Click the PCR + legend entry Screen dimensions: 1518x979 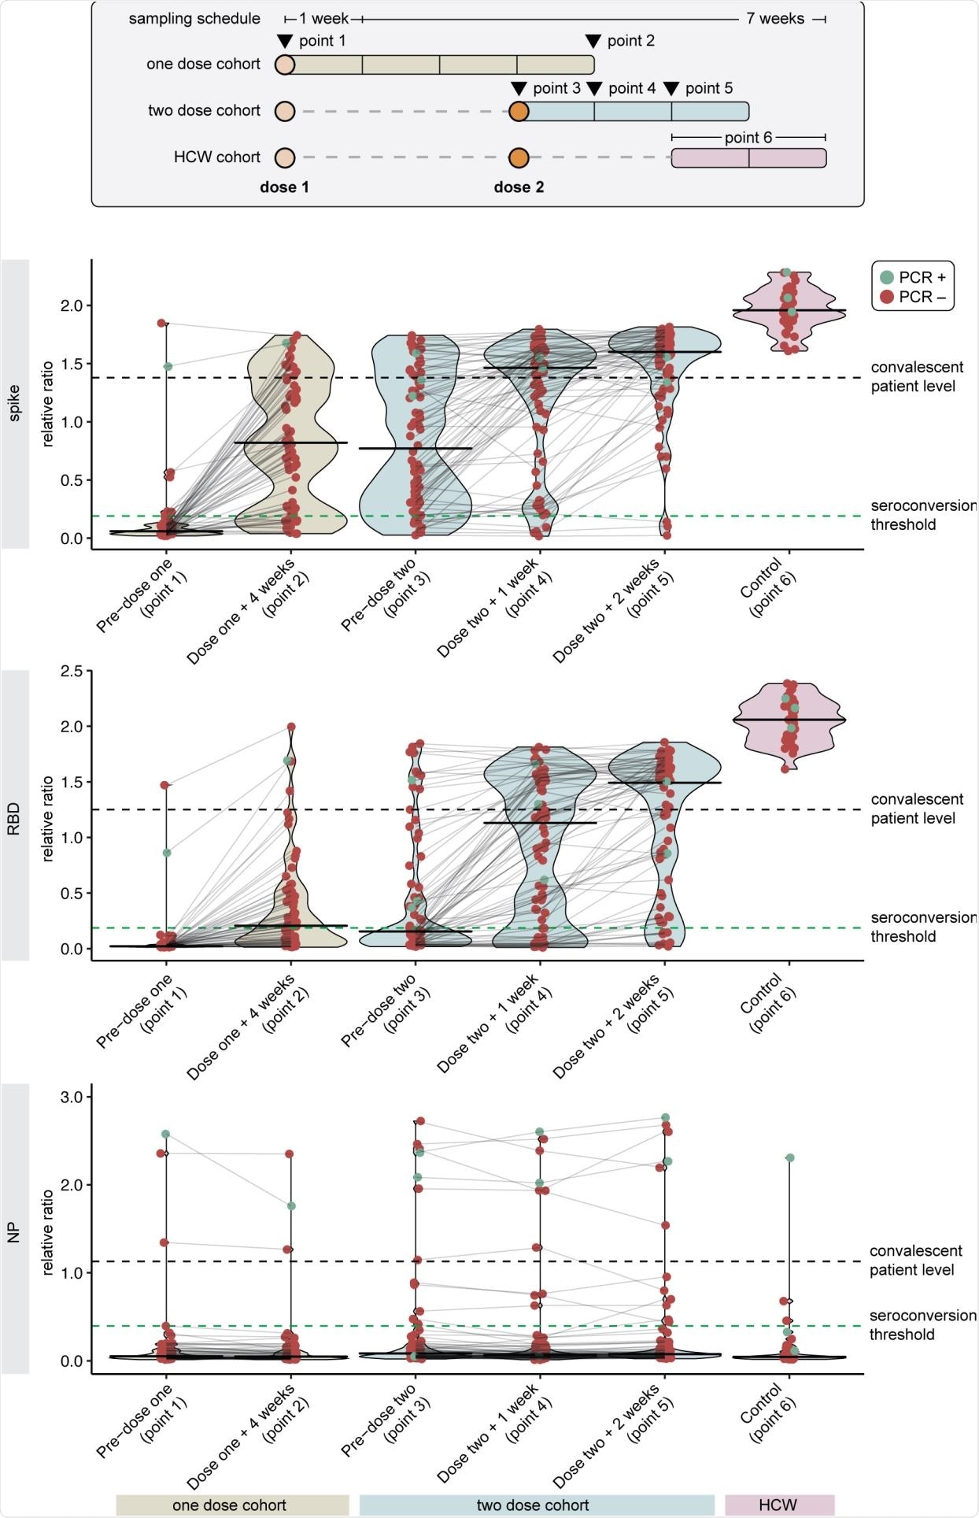coord(912,277)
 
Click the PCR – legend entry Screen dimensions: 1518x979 coord(912,297)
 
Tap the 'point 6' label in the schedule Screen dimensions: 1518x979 coord(748,137)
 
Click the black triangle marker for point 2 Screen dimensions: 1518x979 coord(593,41)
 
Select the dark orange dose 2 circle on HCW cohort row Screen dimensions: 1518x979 coord(518,157)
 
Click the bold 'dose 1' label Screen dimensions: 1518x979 coord(284,187)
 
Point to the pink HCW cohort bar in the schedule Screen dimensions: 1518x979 coord(748,158)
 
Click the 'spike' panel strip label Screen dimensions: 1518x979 coord(14,404)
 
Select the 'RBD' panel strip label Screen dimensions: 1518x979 coord(14,815)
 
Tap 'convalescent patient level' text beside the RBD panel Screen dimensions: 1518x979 coord(916,809)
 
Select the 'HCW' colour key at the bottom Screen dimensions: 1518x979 coord(778,1505)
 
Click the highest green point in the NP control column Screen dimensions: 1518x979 coord(789,1157)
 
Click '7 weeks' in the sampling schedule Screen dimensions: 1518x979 coord(775,19)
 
